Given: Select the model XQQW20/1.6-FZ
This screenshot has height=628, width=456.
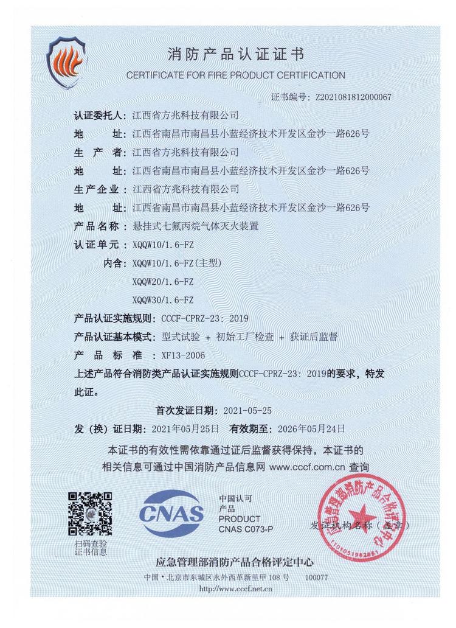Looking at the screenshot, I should click(162, 282).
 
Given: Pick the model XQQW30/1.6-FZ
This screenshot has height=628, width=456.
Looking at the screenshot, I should click(162, 300).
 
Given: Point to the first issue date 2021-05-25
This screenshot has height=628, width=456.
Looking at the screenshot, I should click(247, 410).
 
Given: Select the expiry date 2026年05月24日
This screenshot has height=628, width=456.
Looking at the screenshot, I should click(311, 429).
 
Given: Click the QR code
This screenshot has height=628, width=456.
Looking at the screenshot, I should click(89, 512).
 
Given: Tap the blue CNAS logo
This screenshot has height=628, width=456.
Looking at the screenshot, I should click(172, 514).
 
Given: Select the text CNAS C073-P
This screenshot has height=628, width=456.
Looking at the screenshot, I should click(246, 529).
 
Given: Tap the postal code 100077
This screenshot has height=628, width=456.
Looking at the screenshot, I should click(316, 577).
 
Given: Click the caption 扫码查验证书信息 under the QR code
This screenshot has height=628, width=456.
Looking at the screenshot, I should click(90, 547).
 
